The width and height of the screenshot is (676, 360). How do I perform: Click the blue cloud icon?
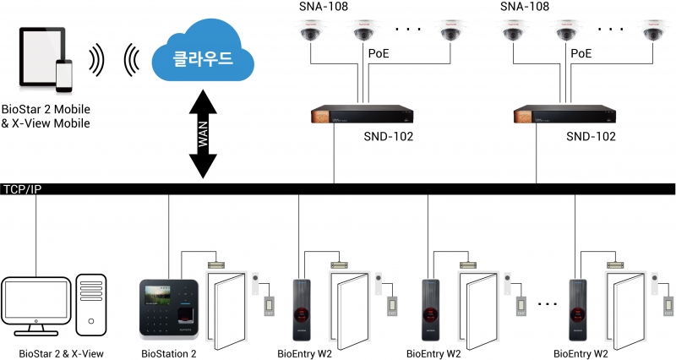click(202, 59)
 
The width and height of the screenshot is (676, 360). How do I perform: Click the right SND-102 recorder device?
click(565, 116)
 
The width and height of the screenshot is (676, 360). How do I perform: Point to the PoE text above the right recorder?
click(581, 53)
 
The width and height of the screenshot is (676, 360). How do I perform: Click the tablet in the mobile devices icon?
click(42, 60)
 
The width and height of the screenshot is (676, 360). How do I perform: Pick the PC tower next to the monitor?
click(91, 303)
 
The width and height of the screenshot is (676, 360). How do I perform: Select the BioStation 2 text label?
click(167, 353)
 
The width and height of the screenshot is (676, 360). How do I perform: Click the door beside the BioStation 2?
click(224, 308)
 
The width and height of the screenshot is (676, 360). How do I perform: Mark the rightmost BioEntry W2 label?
click(581, 353)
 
